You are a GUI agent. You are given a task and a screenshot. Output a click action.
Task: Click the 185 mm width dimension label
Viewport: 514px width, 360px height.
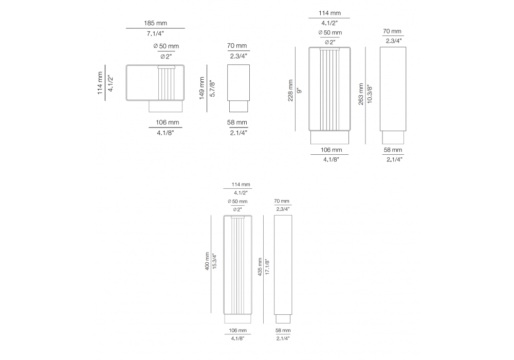coord(155,23)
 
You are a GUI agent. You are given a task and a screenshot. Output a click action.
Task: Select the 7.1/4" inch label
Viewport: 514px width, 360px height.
coord(155,33)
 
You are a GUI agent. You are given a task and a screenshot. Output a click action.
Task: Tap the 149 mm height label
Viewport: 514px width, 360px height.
coord(201,88)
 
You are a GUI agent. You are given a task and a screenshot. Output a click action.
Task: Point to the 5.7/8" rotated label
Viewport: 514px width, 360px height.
coord(212,88)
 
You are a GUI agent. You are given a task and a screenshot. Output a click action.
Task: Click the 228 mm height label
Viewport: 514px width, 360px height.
coord(290,91)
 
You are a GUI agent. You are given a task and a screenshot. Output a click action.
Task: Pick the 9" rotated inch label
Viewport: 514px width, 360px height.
coord(299,91)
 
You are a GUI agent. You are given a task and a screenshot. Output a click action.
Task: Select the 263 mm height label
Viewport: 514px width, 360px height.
coord(361,94)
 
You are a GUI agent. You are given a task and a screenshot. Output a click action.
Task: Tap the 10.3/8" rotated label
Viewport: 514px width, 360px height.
coord(370,94)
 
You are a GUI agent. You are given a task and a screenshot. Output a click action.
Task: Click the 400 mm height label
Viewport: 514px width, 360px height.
coord(207,261)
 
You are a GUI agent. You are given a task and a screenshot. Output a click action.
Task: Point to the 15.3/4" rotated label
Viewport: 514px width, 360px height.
coord(215,261)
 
